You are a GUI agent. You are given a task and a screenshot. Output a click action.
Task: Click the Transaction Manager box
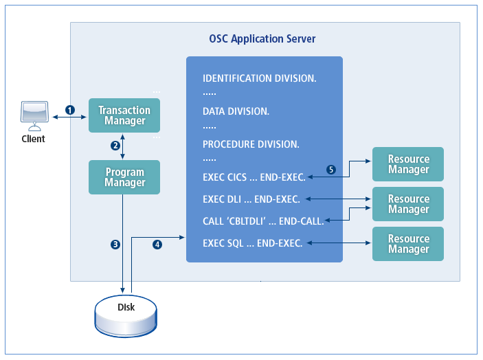click(x=124, y=115)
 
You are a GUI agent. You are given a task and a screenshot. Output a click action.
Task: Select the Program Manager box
click(x=124, y=177)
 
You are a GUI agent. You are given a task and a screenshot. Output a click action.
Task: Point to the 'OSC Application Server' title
click(x=262, y=39)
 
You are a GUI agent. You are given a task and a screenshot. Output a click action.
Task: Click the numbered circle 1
click(x=69, y=110)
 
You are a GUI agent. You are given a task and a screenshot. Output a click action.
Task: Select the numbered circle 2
click(x=115, y=146)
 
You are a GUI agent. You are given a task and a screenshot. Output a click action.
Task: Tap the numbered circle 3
click(x=115, y=244)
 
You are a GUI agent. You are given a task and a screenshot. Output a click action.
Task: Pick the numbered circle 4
click(x=157, y=244)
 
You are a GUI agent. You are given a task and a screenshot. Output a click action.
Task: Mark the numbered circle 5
click(x=331, y=170)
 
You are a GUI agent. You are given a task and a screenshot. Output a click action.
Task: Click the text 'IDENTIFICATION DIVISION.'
click(x=259, y=78)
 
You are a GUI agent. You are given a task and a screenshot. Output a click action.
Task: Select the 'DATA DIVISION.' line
click(x=236, y=111)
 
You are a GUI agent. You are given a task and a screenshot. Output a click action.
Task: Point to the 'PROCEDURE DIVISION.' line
click(x=251, y=144)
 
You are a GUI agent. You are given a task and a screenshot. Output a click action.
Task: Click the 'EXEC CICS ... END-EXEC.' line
click(x=254, y=177)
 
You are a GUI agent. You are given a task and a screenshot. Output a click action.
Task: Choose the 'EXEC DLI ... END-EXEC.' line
click(x=251, y=199)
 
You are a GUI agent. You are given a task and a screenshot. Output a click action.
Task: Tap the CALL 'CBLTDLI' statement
click(x=263, y=221)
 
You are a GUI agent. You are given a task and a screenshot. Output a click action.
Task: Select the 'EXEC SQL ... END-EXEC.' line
click(x=252, y=243)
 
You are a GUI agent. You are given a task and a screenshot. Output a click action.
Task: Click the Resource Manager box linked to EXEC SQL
click(x=408, y=244)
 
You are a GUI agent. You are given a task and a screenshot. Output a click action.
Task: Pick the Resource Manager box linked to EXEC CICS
click(x=408, y=164)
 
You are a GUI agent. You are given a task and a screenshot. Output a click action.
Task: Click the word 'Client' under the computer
click(x=33, y=139)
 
